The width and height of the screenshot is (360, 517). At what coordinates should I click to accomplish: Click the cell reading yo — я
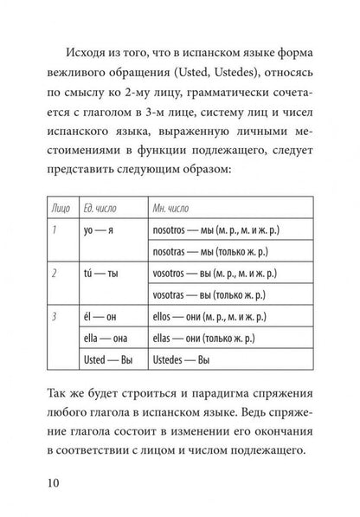[x=95, y=229]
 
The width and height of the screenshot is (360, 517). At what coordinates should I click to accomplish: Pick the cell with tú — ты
[x=95, y=272]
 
